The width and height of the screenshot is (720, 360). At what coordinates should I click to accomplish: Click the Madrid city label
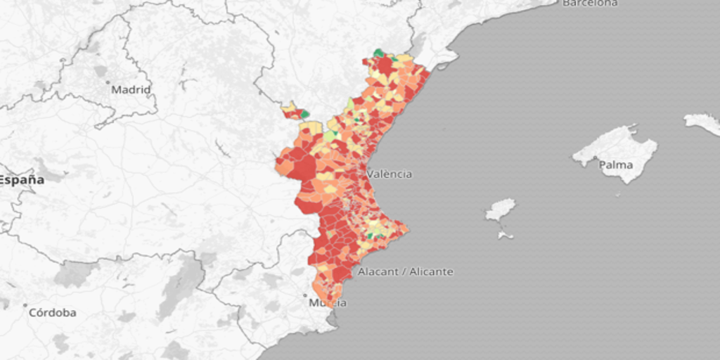pos(131,90)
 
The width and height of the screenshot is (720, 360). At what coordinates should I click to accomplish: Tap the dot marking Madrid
pos(108,83)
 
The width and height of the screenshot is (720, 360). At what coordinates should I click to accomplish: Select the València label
pos(390,174)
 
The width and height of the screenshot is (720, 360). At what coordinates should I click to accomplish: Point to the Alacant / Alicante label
pos(406,271)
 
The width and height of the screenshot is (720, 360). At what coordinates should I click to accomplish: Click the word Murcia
pos(328,303)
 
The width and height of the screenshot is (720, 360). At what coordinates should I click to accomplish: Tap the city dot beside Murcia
pos(305,295)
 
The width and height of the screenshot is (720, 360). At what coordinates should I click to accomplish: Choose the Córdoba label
pos(53,313)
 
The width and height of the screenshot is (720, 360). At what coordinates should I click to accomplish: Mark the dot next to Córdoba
pos(25,306)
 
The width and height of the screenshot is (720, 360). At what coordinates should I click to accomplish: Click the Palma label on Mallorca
pos(615,165)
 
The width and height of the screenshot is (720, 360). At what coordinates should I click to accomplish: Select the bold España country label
pos(21,180)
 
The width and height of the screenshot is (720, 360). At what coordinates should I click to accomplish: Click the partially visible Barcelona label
pos(590,4)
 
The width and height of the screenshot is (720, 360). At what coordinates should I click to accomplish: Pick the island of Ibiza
pos(500,209)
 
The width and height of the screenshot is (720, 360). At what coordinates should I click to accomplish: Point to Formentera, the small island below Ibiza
pos(506,235)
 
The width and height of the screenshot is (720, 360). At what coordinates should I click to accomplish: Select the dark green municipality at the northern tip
pos(378,53)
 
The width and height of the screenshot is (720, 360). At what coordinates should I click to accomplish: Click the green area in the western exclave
pos(304,113)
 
